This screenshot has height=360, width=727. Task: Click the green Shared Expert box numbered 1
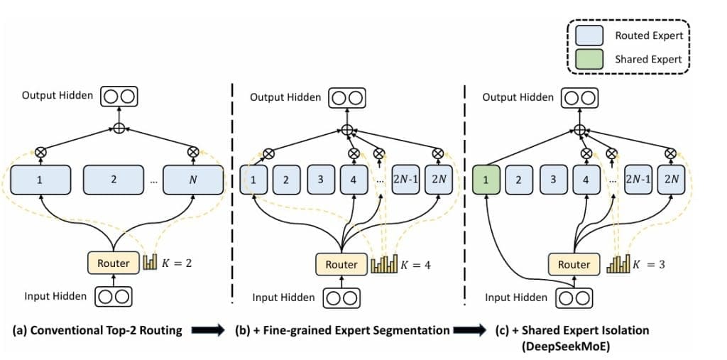pos(486,180)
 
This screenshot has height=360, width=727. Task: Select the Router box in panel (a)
pos(114,263)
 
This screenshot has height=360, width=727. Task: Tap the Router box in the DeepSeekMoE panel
pos(574,264)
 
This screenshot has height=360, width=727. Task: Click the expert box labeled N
pos(193,180)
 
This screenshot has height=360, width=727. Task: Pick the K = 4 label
pos(416,265)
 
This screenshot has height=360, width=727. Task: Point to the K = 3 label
pos(648,264)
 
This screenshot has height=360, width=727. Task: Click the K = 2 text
pos(177,263)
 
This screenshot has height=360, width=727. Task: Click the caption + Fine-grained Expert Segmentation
pos(342,330)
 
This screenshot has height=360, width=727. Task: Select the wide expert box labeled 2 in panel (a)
pos(114,180)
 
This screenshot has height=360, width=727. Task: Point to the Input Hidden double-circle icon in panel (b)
pos(341,298)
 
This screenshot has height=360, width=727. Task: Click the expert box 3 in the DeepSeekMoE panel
pos(553,180)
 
